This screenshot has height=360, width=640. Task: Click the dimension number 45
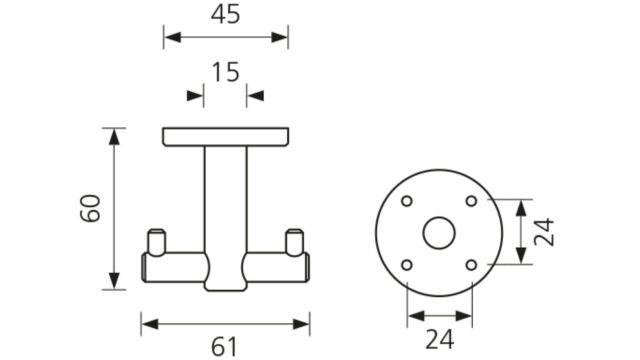pyautogui.click(x=225, y=14)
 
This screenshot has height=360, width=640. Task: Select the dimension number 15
pyautogui.click(x=225, y=72)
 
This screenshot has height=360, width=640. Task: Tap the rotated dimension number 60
pyautogui.click(x=90, y=209)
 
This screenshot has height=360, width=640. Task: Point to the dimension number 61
pyautogui.click(x=224, y=347)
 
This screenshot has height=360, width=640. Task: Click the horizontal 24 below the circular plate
pyautogui.click(x=440, y=339)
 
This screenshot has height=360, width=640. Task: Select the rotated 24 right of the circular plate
pyautogui.click(x=544, y=232)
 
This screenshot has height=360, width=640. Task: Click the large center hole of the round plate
pyautogui.click(x=439, y=233)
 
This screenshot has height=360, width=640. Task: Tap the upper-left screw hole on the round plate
pyautogui.click(x=407, y=201)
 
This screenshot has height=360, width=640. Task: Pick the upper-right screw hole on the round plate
pyautogui.click(x=471, y=201)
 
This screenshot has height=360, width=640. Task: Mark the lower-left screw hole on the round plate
pyautogui.click(x=407, y=265)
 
